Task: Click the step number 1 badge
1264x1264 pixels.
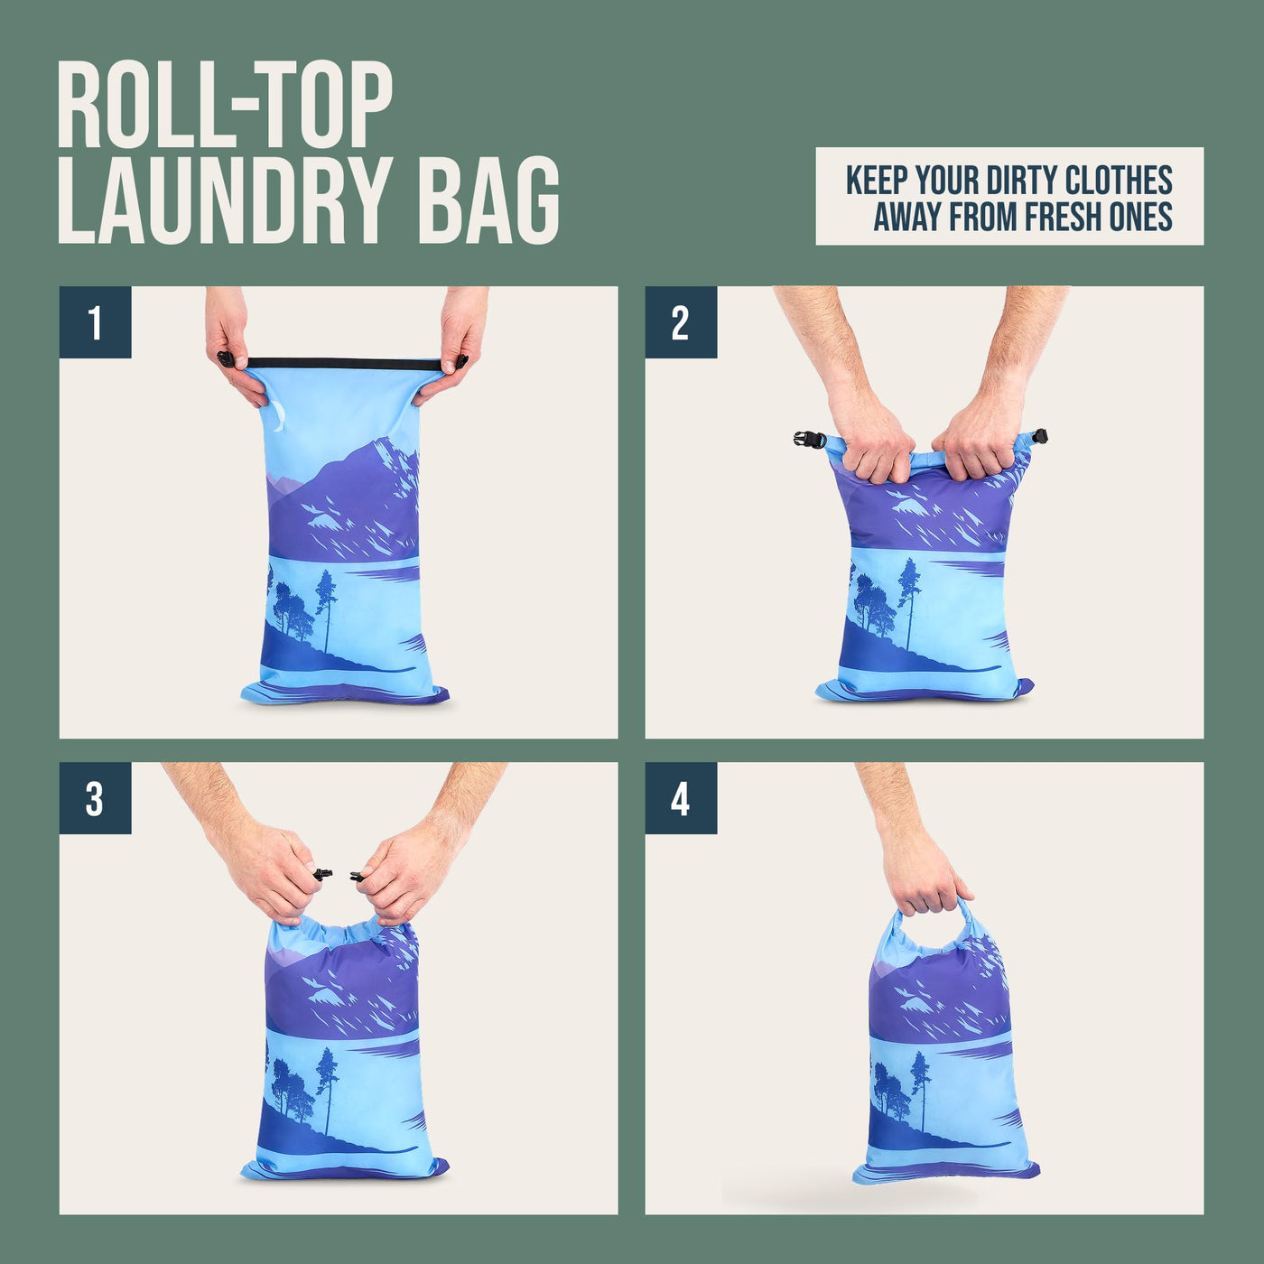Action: (95, 322)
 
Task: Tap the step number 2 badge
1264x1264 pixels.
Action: (681, 322)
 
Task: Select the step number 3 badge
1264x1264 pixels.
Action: (95, 798)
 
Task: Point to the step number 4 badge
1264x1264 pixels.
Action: (681, 798)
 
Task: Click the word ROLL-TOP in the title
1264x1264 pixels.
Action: (225, 106)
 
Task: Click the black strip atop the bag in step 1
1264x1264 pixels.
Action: (342, 363)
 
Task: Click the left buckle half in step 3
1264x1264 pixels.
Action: (321, 873)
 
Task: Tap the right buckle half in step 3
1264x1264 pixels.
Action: (357, 874)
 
